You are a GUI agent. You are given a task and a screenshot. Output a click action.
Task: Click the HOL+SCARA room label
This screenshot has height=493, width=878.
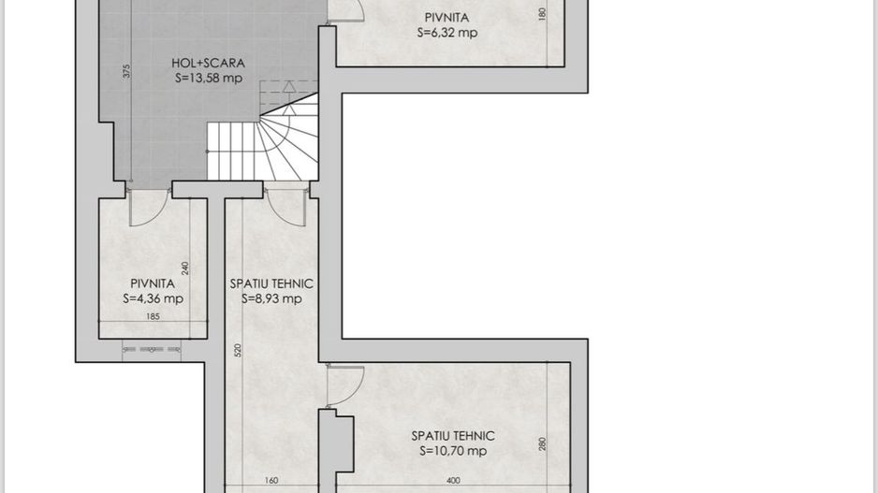[x=208, y=64]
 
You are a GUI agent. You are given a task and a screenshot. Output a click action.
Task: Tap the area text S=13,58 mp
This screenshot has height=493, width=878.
[x=208, y=79]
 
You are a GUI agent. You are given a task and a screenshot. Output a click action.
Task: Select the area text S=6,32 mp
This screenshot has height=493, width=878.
[x=446, y=32]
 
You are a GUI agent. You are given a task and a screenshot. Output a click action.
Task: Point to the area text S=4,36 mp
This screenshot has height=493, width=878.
[x=153, y=299]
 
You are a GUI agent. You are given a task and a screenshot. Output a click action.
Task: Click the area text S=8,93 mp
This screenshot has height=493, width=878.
[x=271, y=299]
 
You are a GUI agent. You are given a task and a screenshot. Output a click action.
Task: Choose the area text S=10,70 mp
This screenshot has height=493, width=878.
[x=453, y=451]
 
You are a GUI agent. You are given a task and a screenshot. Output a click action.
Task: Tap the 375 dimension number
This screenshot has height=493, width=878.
[x=126, y=70]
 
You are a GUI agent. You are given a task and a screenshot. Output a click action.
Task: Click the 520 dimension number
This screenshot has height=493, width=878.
[x=239, y=351]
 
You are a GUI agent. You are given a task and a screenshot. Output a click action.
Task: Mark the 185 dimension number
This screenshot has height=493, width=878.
[x=153, y=317]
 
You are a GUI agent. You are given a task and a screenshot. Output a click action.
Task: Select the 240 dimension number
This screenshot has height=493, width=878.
[x=185, y=268]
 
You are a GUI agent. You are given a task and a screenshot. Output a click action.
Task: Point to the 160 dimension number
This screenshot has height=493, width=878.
[x=271, y=482]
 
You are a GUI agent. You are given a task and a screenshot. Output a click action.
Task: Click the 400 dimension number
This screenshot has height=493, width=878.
[x=453, y=482]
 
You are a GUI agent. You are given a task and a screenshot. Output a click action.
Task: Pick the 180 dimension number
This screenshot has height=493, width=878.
[x=543, y=15]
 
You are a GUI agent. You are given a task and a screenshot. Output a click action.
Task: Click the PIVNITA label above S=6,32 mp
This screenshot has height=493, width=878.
[x=446, y=17]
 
